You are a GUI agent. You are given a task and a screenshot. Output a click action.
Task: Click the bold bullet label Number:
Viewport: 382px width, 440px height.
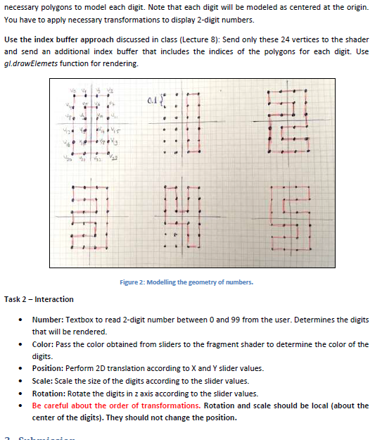[x=49, y=320]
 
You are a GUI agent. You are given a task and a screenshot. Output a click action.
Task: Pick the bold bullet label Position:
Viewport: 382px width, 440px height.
[x=49, y=369]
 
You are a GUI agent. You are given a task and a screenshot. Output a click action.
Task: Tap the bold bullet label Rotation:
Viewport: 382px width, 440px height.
[x=51, y=394]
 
